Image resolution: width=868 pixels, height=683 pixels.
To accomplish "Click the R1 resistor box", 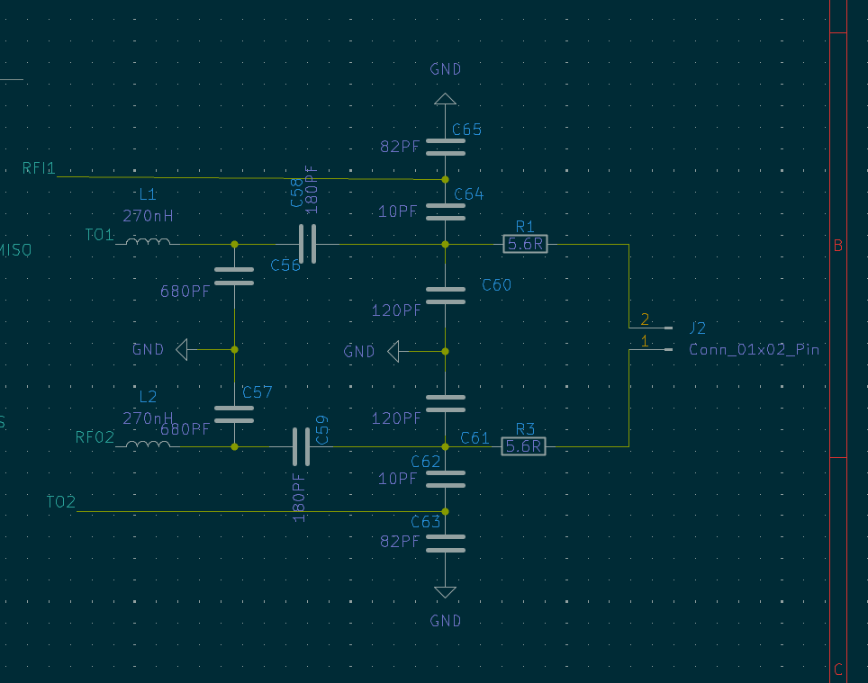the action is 525,244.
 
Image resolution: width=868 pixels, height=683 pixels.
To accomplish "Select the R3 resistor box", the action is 523,446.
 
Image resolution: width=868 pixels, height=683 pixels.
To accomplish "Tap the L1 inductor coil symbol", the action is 148,242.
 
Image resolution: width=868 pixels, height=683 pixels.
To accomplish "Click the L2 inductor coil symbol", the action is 148,445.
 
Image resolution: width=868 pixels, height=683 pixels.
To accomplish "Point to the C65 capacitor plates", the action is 445,147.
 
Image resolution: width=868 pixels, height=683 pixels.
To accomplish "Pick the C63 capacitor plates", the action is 445,544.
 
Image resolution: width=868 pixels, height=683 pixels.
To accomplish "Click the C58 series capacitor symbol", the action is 307,244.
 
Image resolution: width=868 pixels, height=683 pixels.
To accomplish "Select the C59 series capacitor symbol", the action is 301,446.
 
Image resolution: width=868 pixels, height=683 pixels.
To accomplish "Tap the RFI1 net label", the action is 39,168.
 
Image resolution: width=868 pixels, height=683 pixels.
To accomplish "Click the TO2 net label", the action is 61,501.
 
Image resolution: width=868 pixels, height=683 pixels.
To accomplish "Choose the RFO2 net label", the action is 95,437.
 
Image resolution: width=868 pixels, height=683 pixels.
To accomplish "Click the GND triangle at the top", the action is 445,99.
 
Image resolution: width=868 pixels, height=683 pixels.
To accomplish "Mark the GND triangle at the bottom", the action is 445,592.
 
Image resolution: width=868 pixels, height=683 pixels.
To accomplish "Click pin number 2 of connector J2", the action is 645,319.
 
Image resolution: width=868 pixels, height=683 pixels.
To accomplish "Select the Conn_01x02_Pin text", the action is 754,349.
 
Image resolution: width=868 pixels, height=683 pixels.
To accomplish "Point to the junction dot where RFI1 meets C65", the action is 445,180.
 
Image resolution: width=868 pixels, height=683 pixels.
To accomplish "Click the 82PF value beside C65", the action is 400,147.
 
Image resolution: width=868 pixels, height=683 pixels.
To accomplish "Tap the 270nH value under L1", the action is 148,215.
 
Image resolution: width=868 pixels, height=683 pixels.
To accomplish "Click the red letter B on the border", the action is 838,246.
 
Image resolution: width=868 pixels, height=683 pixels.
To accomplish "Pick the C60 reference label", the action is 496,285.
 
